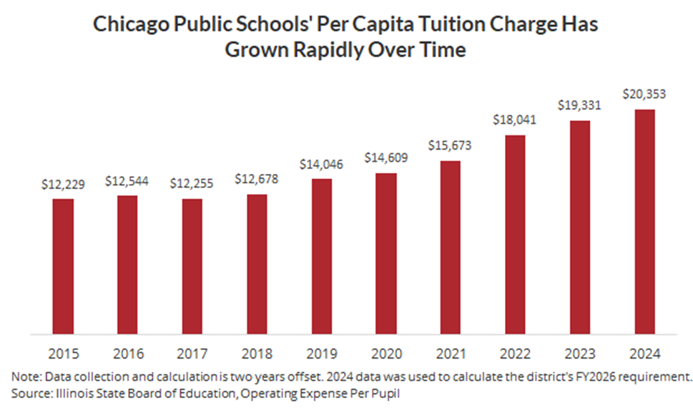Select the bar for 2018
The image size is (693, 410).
257,264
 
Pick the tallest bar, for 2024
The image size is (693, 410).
644,221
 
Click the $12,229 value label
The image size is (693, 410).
63,185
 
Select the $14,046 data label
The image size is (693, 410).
321,165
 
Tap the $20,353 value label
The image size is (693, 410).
644,95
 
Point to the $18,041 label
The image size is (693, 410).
516,121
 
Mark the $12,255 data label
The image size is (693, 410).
192,185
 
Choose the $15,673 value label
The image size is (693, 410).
451,147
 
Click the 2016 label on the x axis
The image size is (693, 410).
127,353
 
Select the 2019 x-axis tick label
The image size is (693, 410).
321,353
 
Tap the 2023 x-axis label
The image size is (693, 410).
580,353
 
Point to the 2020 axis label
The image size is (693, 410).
386,353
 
